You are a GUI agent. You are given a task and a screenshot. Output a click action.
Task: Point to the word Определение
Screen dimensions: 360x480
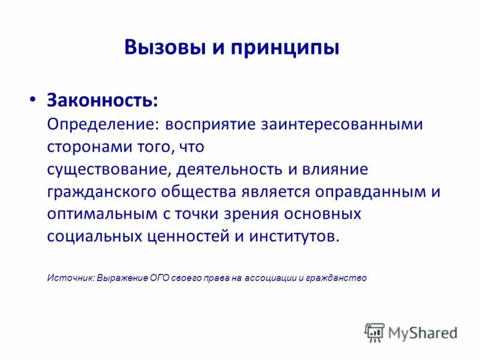tap(98, 125)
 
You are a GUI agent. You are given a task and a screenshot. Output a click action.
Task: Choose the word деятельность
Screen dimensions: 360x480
tap(230, 170)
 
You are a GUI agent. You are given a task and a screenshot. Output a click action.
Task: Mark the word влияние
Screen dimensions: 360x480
tap(335, 170)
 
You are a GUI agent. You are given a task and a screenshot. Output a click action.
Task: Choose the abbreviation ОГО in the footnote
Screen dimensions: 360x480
tap(161, 278)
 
